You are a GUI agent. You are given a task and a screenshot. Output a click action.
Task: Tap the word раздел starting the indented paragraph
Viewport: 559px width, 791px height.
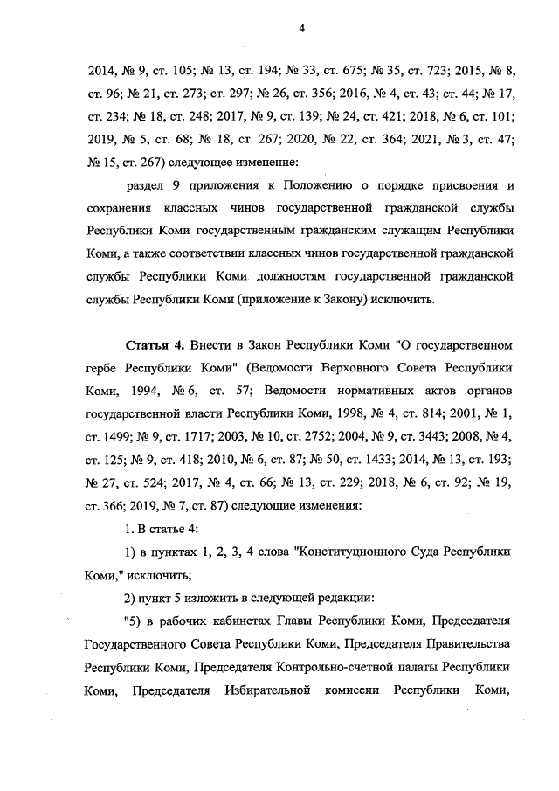coord(147,185)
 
